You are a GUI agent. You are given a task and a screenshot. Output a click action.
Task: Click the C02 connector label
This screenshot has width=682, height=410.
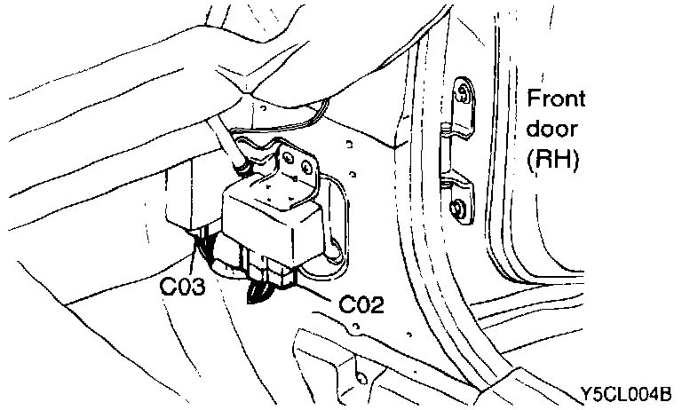point(361,306)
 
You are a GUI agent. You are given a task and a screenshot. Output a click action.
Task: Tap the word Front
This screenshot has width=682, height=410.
point(557,98)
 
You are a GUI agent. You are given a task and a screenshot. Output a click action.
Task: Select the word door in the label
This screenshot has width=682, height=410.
point(552,130)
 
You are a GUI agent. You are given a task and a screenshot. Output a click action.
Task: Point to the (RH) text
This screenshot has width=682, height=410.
point(553,162)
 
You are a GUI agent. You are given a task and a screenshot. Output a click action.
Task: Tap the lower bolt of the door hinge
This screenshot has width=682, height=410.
point(458,209)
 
